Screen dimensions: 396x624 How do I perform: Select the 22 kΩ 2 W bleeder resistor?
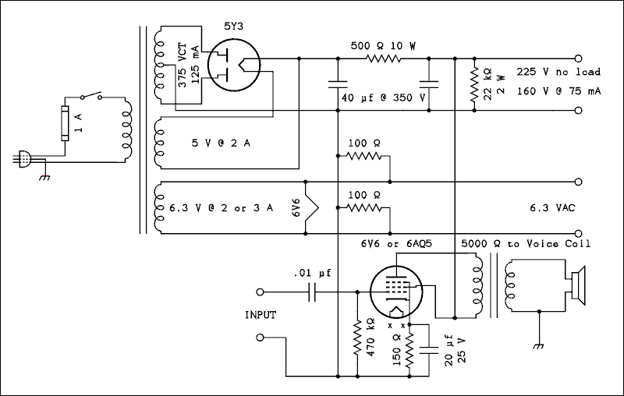coord(473,83)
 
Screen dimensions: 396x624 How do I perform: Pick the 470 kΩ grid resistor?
coord(357,337)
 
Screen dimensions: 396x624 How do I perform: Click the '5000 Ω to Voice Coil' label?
coord(526,243)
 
